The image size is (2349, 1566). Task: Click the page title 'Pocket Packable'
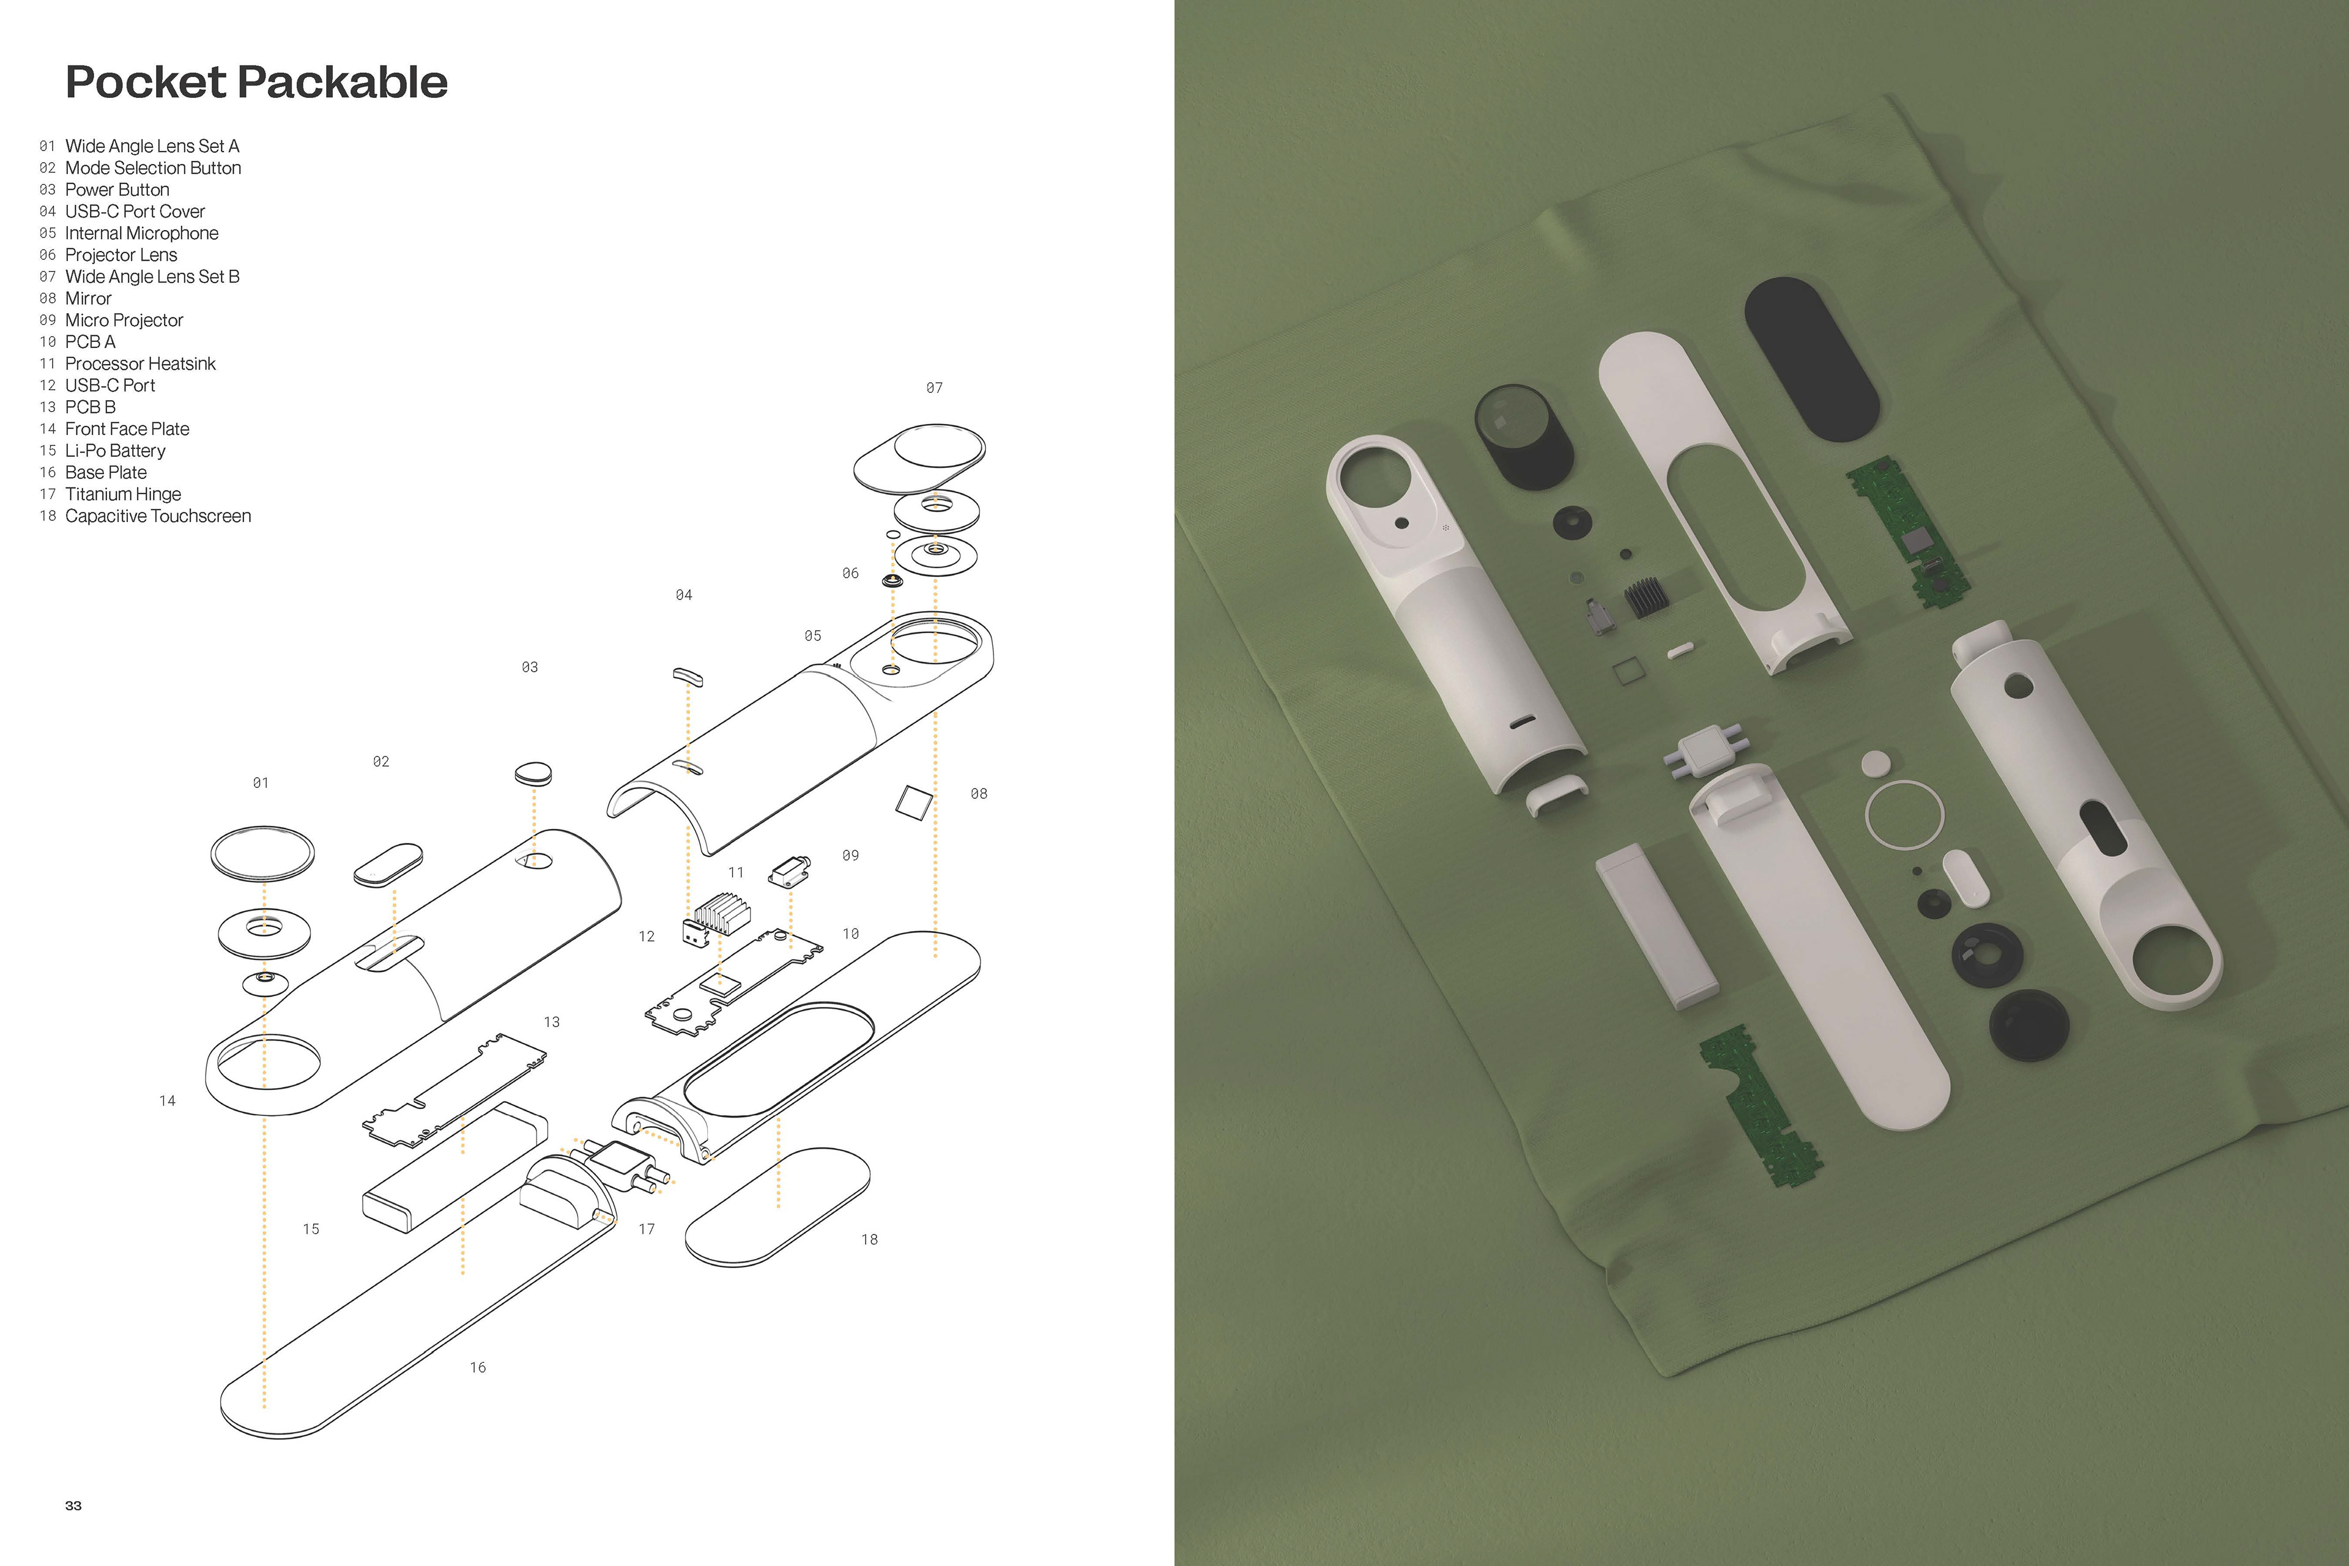tap(257, 82)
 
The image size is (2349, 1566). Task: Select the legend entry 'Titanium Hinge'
tap(123, 494)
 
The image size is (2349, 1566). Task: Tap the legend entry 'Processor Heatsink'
tap(140, 363)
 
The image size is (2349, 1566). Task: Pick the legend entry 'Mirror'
tap(88, 299)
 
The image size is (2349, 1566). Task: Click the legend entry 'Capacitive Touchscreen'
tap(158, 516)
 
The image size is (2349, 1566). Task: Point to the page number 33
tap(73, 1505)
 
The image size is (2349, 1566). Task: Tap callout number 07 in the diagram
tap(934, 387)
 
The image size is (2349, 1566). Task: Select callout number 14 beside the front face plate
tap(168, 1100)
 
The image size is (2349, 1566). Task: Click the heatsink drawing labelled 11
tap(721, 913)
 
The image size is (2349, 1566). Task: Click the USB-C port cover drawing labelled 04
tap(688, 677)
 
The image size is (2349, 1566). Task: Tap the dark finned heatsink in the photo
tap(1646, 597)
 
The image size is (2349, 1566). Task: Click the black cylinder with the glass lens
tap(1523, 436)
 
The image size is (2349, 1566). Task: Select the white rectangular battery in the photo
tap(1656, 925)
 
